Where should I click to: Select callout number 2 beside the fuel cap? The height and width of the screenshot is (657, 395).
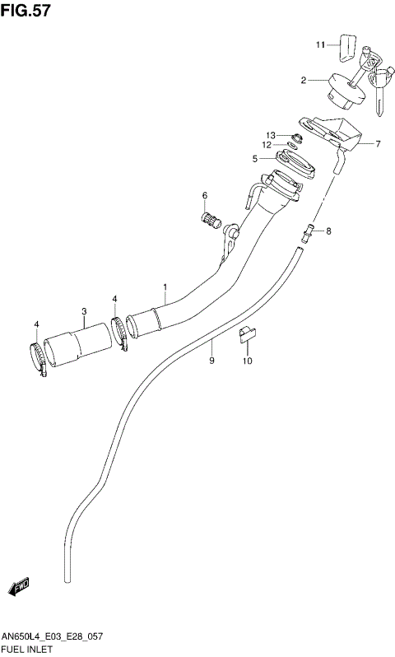point(304,81)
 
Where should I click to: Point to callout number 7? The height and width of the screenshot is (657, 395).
point(378,144)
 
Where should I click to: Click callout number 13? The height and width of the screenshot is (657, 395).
point(269,135)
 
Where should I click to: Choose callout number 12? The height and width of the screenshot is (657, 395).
point(267,145)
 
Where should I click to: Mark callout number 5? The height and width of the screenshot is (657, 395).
point(255,158)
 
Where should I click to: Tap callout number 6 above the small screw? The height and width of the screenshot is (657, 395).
point(205,195)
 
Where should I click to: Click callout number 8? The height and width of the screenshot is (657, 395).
point(328,231)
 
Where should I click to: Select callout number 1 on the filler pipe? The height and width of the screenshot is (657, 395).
point(165,287)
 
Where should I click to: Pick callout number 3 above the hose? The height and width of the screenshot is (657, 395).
point(84,310)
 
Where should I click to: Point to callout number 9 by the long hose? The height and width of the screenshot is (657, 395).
point(211,361)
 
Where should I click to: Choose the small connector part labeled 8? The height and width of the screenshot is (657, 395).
point(310,232)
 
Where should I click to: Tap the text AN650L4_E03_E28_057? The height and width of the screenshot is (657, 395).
point(53,638)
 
